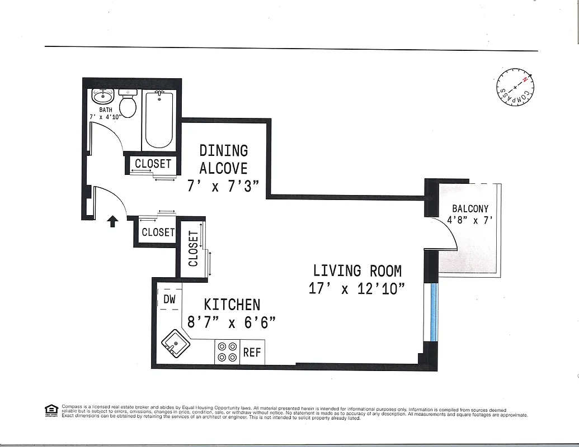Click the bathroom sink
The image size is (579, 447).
point(102,97)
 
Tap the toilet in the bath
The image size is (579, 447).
point(128,104)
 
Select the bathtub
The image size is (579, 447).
point(159,119)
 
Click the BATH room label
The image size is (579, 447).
point(106,110)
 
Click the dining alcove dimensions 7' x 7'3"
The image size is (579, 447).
point(223,186)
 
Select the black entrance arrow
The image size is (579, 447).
point(112,221)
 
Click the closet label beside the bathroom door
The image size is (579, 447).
point(153,164)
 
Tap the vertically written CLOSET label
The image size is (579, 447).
point(193,249)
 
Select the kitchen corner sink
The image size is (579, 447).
point(176,343)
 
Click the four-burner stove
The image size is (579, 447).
point(227,351)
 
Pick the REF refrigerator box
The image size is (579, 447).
point(252,353)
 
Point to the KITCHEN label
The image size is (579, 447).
point(232,305)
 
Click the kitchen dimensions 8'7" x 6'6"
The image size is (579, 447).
point(232,322)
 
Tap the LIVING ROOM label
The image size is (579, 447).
point(357,271)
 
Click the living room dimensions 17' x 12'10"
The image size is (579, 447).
point(357,289)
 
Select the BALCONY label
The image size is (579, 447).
point(470,208)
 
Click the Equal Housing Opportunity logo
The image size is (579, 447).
point(51,411)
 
